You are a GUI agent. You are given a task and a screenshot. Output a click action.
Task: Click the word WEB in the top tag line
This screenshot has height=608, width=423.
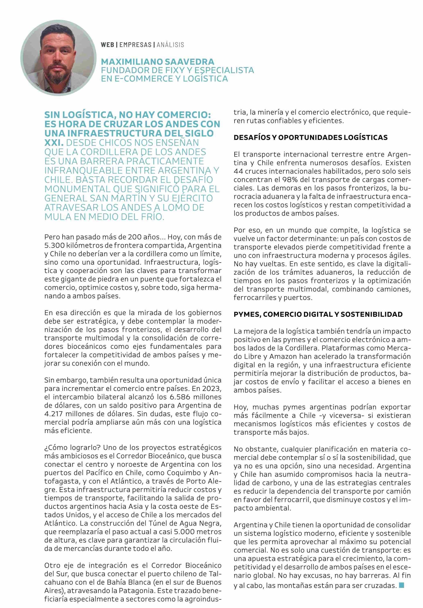107,45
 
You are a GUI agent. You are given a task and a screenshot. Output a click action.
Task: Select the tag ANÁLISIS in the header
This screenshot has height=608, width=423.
170,45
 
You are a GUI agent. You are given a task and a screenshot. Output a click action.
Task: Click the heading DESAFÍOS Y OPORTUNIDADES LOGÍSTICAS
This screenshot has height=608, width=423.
310,137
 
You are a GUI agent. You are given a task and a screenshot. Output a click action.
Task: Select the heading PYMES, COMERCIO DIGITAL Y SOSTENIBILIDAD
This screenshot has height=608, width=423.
318,314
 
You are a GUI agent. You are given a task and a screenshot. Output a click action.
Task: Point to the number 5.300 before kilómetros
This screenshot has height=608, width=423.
53,245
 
